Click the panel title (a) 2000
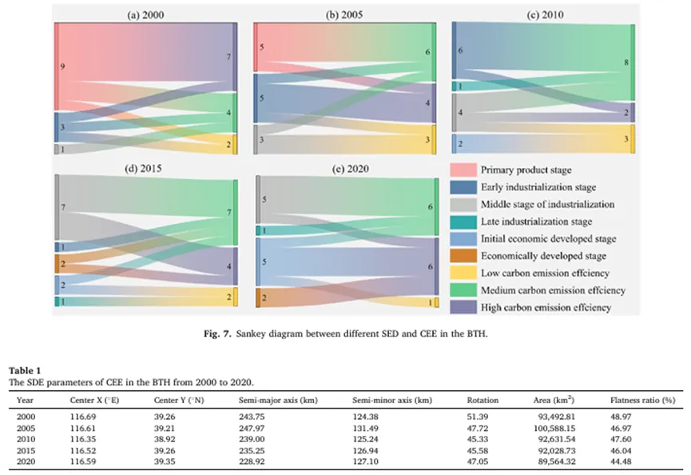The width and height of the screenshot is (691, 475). tap(145, 15)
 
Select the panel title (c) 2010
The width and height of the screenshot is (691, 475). tap(545, 14)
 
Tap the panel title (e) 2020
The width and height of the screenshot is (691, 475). tap(351, 169)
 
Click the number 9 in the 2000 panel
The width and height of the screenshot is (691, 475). tap(62, 66)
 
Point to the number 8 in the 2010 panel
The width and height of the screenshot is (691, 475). tap(626, 62)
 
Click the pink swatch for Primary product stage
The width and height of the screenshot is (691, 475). tap(463, 170)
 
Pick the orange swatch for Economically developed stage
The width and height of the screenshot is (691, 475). tap(463, 256)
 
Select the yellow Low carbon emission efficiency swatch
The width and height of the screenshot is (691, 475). tap(463, 273)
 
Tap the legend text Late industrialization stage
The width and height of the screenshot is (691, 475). tap(536, 222)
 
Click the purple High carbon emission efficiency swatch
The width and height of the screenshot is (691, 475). tap(463, 307)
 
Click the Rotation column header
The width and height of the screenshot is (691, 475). tap(483, 400)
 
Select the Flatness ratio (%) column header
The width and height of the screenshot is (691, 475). tap(642, 400)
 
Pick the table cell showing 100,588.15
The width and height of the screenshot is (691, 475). tap(554, 429)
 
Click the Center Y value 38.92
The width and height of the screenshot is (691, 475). tap(164, 439)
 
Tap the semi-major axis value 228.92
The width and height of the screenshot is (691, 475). tap(252, 461)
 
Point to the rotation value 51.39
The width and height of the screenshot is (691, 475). tap(477, 417)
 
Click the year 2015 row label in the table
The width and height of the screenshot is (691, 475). tap(26, 451)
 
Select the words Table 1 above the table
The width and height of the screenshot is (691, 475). tap(25, 370)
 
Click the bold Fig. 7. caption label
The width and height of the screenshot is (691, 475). tap(217, 334)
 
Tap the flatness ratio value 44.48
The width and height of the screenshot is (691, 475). tap(621, 461)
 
